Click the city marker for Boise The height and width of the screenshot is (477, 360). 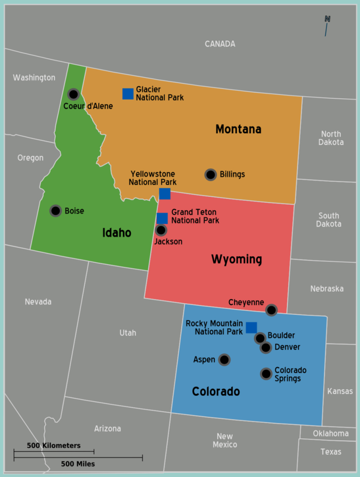[55, 211]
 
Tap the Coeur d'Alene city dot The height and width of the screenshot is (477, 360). [73, 95]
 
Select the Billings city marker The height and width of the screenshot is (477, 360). [211, 175]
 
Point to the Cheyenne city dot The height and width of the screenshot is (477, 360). [271, 310]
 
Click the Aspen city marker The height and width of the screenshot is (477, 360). [224, 360]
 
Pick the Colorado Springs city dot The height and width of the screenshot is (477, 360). [266, 374]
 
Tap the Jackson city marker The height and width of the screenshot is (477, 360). [161, 230]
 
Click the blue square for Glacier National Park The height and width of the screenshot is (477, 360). [128, 94]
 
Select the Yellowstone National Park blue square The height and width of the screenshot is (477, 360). [165, 194]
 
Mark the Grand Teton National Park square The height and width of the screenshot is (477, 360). [162, 218]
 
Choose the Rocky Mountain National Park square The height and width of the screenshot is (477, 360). [251, 327]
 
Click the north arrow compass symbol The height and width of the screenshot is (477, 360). [327, 25]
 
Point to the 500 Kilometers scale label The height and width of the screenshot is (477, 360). [54, 445]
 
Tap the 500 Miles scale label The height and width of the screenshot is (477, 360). [78, 464]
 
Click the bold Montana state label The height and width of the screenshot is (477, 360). [238, 129]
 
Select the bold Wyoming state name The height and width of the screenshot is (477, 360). [237, 259]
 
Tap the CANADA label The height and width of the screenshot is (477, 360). [220, 44]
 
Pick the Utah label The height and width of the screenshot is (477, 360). [128, 333]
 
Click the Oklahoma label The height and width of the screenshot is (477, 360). [330, 433]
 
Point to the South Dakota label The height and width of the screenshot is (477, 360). [329, 219]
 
